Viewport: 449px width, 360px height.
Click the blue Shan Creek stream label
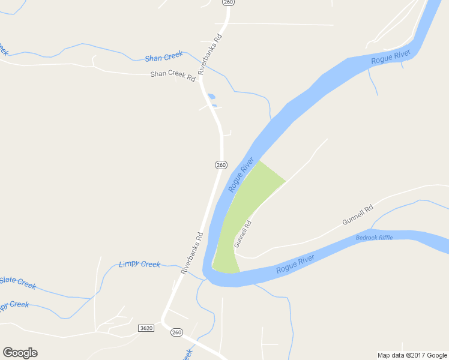coord(163,56)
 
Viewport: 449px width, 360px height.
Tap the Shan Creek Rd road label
coord(173,74)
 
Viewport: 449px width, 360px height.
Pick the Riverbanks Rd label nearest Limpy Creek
coord(192,254)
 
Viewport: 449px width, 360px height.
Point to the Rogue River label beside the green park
coord(241,175)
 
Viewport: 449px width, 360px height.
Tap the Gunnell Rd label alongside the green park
coord(242,234)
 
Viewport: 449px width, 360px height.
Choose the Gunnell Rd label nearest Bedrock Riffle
coord(358,215)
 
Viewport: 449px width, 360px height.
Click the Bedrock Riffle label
coord(374,238)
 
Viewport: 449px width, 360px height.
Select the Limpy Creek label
coord(139,264)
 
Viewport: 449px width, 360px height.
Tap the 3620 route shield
coord(145,328)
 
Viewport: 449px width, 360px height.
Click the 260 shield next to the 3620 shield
coord(176,332)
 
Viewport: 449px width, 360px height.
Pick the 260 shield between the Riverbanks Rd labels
coord(221,164)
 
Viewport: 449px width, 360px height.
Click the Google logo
coord(20,353)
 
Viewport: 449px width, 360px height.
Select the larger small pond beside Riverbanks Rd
coord(211,96)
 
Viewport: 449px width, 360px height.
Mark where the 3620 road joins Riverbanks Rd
coord(162,318)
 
